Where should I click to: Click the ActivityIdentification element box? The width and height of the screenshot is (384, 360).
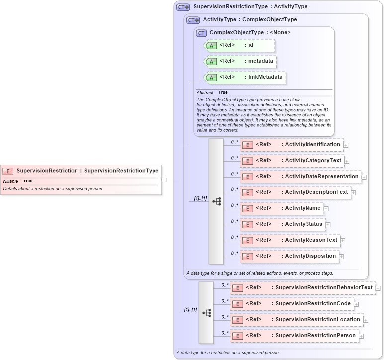pos(292,145)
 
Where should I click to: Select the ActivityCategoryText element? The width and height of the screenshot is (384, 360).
pos(292,161)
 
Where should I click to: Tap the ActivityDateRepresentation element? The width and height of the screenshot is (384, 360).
pos(301,177)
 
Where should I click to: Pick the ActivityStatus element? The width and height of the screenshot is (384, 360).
pos(283,224)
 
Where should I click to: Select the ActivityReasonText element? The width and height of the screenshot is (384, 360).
pos(290,240)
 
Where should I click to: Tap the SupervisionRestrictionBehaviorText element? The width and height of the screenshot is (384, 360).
pos(303,288)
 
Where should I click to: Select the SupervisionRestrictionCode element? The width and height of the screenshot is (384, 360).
pos(292,304)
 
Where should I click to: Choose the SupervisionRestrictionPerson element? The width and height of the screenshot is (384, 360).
pos(294,336)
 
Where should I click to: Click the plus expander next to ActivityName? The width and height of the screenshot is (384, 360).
pos(326,209)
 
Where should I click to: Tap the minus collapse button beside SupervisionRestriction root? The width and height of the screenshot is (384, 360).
pos(164,180)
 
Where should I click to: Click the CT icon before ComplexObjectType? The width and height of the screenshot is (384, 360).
pos(201,33)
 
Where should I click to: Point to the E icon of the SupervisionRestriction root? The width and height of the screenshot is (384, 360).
pos(8,171)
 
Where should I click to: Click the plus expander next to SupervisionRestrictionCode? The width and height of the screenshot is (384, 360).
pos(356,304)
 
